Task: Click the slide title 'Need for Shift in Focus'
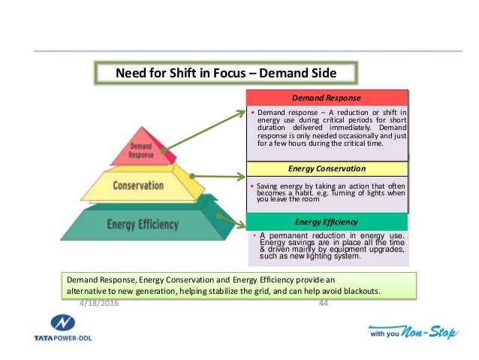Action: point(225,74)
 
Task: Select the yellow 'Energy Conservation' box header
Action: point(327,169)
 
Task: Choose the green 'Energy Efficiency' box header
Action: point(327,222)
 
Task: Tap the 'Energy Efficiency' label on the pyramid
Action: point(143,224)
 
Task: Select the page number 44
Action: point(324,303)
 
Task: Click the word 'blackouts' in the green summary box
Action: point(358,291)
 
